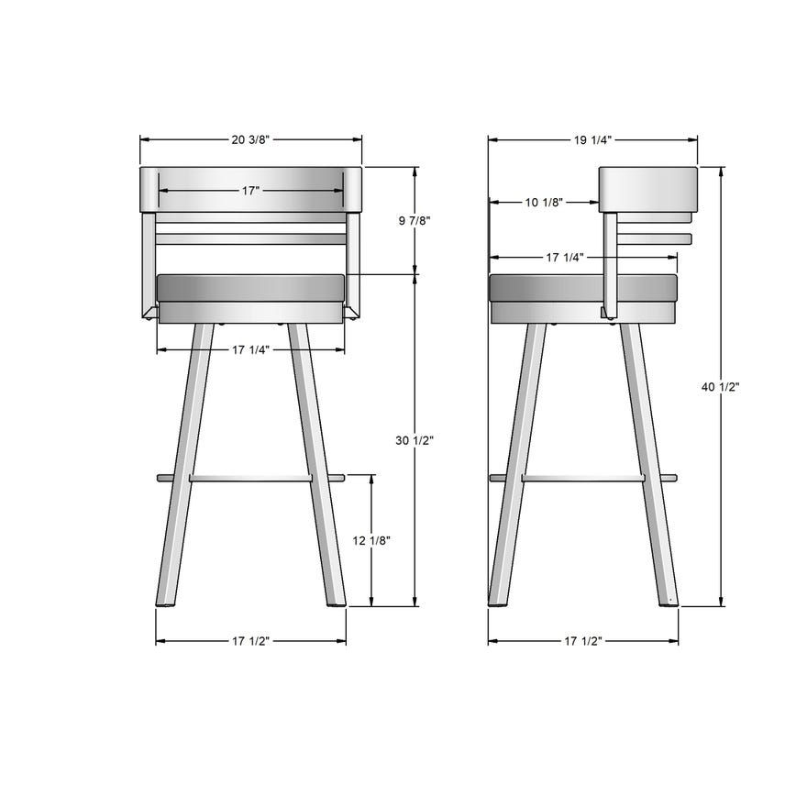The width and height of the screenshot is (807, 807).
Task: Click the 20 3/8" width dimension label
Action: (x=250, y=139)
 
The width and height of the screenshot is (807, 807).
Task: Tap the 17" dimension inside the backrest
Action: (x=250, y=190)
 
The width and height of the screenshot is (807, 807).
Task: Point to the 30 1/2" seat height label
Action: (x=415, y=441)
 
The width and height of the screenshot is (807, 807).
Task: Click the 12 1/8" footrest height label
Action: (x=371, y=540)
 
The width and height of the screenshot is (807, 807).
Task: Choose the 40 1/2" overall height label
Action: (x=721, y=387)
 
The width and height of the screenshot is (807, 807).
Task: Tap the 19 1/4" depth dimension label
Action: (x=592, y=139)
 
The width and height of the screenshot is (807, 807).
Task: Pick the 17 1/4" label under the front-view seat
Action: (x=250, y=349)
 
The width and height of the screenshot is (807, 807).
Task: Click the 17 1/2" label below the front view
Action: (x=250, y=641)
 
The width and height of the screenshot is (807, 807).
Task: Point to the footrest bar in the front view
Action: (x=250, y=478)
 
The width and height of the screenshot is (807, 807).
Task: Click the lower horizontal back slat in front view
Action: (x=250, y=238)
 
